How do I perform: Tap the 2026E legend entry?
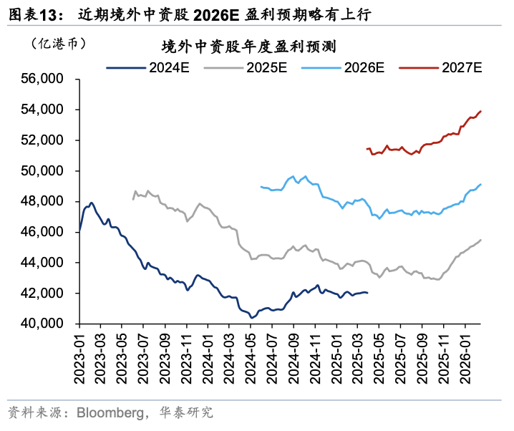tap(344, 68)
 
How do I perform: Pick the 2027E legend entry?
tap(441, 68)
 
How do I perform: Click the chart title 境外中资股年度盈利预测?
tap(249, 47)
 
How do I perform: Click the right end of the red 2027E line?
tap(480, 111)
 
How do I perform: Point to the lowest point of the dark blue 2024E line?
tap(251, 317)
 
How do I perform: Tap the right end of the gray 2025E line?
tap(480, 240)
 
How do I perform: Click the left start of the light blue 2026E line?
tap(261, 186)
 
